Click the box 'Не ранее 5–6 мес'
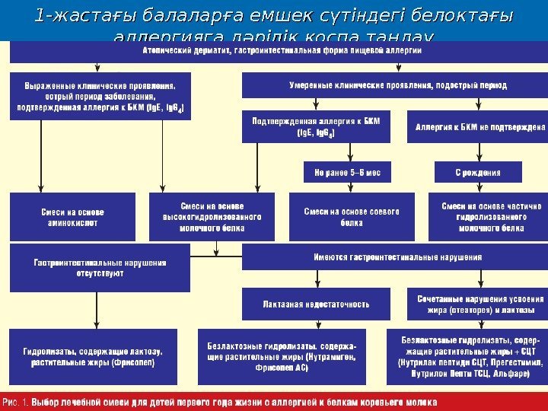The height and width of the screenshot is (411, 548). pyautogui.click(x=347, y=172)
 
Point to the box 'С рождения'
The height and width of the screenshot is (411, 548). pyautogui.click(x=478, y=172)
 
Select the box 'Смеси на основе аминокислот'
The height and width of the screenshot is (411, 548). pyautogui.click(x=72, y=217)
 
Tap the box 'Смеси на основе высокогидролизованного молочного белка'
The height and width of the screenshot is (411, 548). pyautogui.click(x=212, y=216)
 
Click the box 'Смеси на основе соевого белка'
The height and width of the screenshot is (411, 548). pyautogui.click(x=352, y=217)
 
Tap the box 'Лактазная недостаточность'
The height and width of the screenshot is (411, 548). pyautogui.click(x=316, y=304)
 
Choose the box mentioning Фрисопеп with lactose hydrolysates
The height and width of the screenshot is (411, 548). pyautogui.click(x=92, y=357)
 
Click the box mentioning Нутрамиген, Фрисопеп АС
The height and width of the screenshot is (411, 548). pyautogui.click(x=281, y=356)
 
